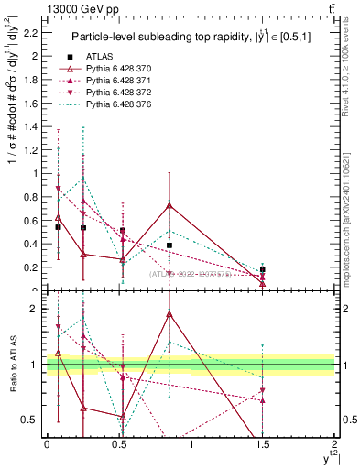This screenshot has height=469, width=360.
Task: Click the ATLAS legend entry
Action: tap(99, 57)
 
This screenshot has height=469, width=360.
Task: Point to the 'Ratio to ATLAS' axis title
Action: tap(12, 365)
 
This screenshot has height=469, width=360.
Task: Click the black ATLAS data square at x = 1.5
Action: tap(263, 269)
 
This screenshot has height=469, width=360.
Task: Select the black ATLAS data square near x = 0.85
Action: tap(169, 245)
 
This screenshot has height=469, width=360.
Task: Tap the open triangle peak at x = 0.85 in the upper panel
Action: tap(169, 205)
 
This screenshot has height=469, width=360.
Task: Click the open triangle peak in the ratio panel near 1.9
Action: tap(169, 314)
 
